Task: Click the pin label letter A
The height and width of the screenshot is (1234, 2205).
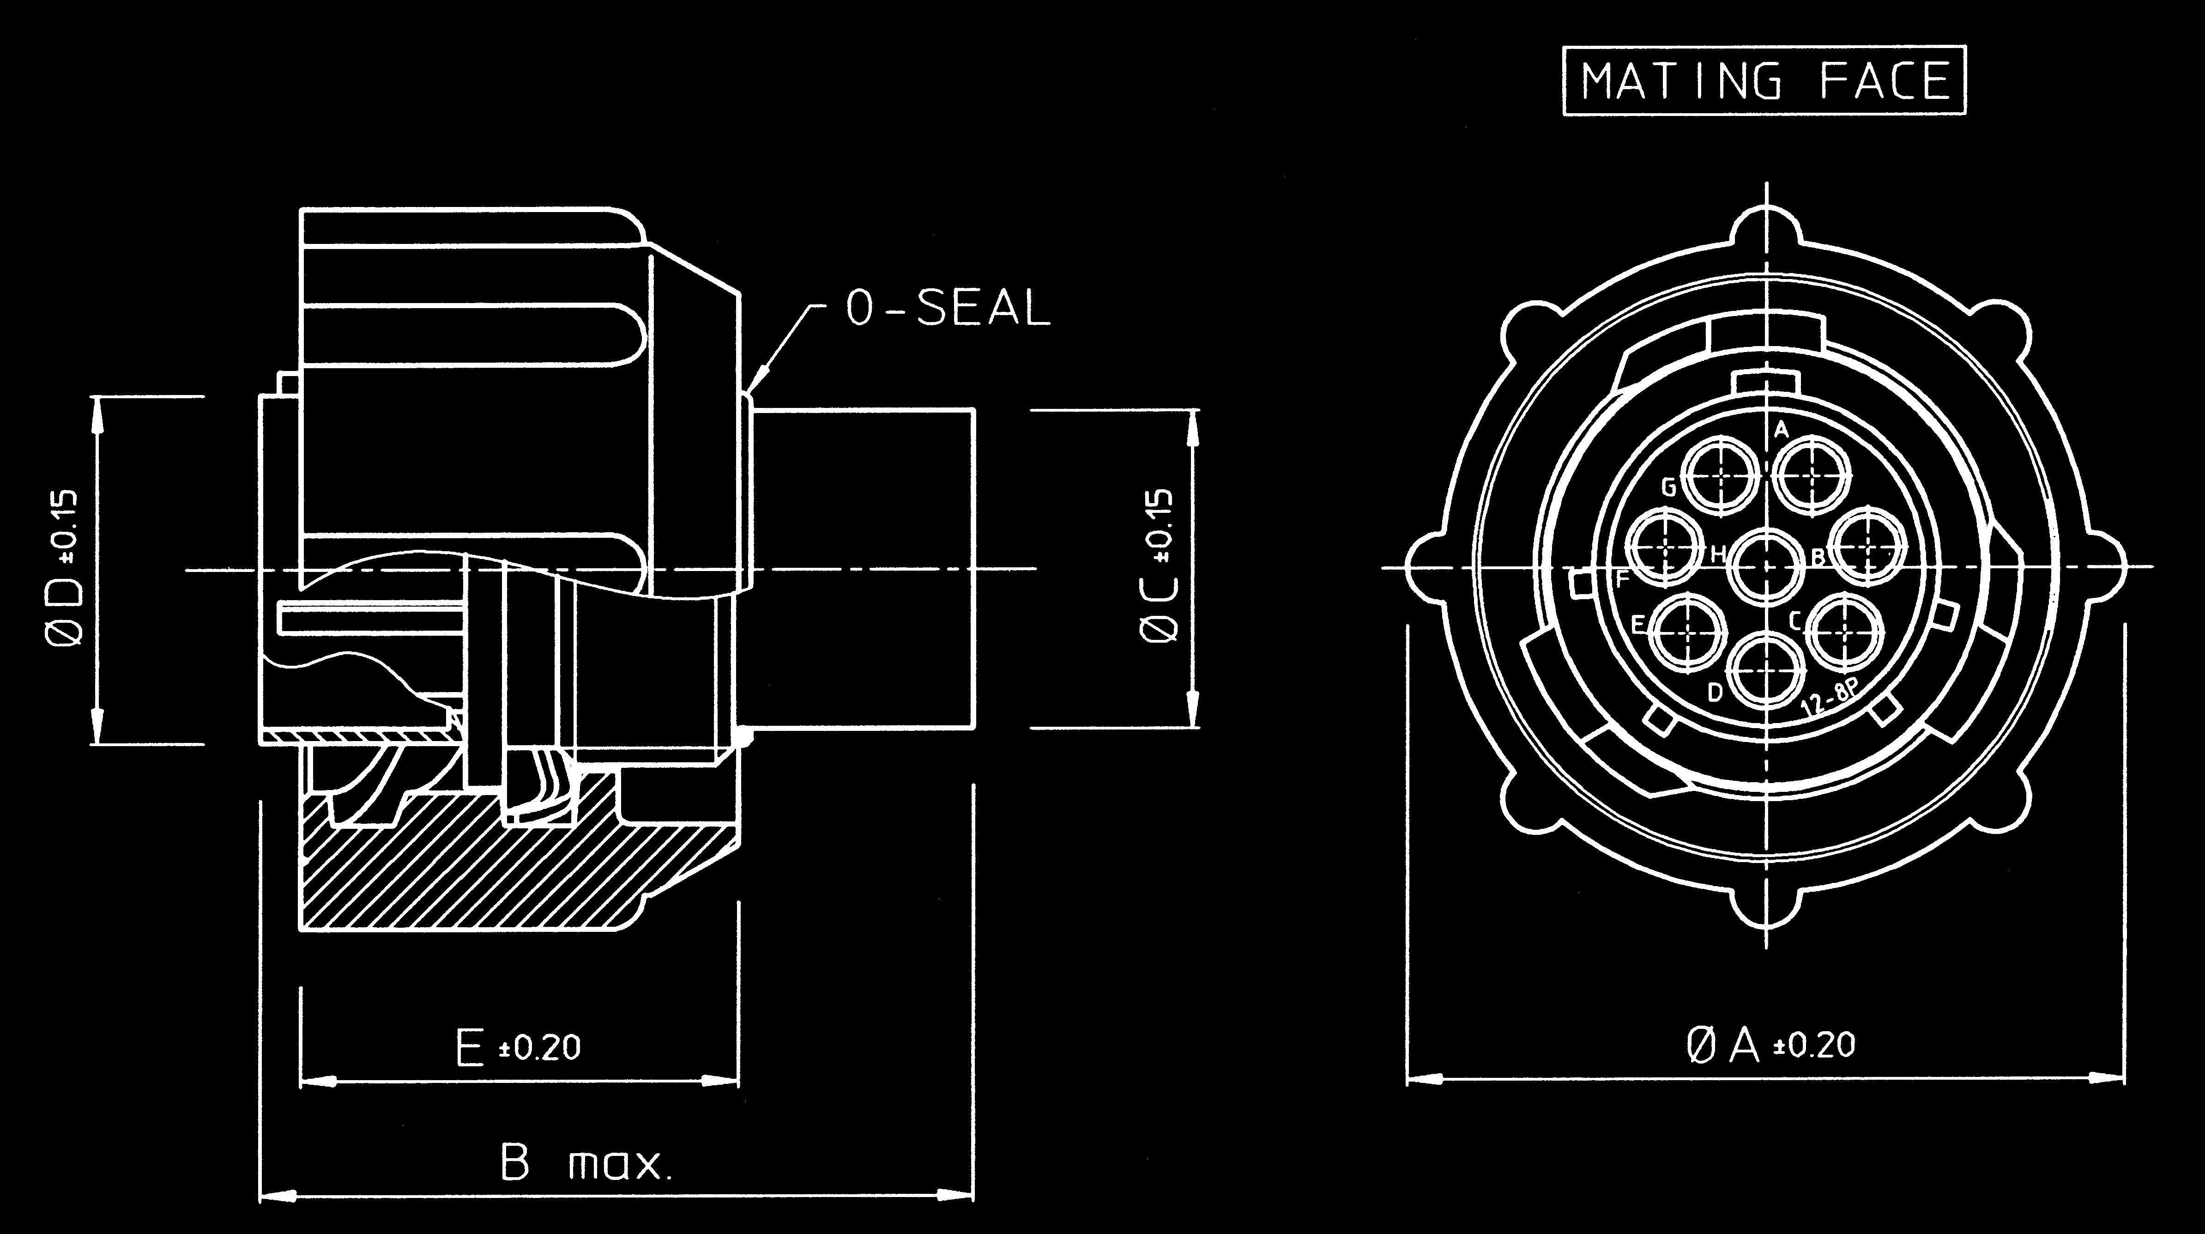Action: pos(1781,430)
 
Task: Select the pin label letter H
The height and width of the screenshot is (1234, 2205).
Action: pos(1717,554)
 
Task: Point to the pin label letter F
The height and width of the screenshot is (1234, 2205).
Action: pos(1622,580)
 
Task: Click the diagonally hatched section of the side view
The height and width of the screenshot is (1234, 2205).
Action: pos(513,874)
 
